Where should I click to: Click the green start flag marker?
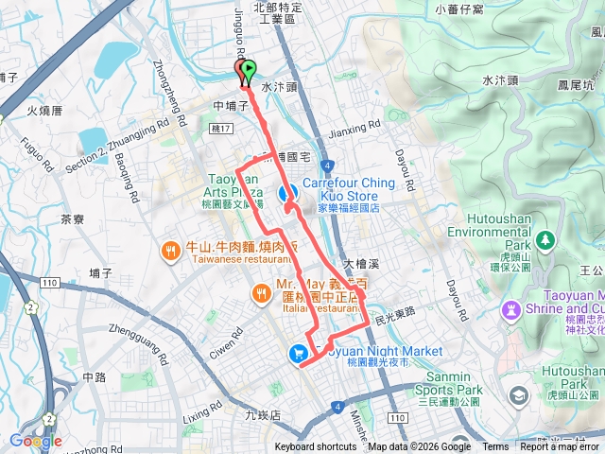click(x=249, y=70)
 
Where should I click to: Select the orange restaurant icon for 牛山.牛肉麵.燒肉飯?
click(x=170, y=252)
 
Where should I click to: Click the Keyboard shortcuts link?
click(x=316, y=447)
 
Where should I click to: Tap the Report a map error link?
click(x=561, y=447)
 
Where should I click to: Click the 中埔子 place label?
click(x=230, y=107)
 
